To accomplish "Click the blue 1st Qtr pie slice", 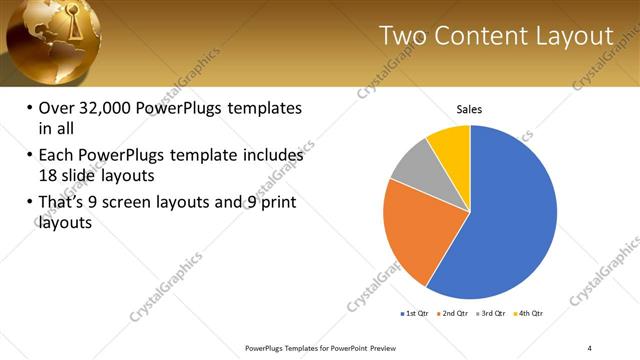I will [x=510, y=220].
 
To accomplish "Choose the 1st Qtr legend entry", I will [x=415, y=313].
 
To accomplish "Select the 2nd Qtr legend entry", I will [x=455, y=313].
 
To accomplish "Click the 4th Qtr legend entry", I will [x=531, y=313].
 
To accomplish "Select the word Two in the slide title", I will [x=406, y=36].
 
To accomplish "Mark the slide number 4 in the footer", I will [x=589, y=347].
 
